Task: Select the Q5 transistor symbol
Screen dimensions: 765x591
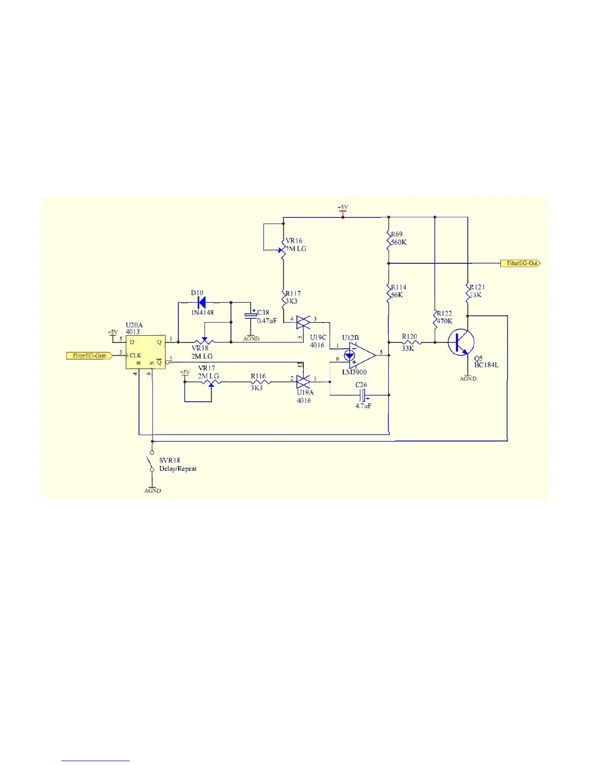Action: pyautogui.click(x=459, y=342)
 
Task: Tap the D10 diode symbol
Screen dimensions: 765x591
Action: pyautogui.click(x=201, y=302)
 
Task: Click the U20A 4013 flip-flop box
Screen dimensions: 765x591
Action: pyautogui.click(x=145, y=352)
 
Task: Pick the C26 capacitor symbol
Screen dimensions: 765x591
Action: pyautogui.click(x=363, y=395)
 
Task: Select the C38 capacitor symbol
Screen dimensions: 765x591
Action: pyautogui.click(x=251, y=316)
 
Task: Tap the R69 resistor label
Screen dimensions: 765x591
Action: pyautogui.click(x=397, y=234)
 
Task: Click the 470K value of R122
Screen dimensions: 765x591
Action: pyautogui.click(x=445, y=321)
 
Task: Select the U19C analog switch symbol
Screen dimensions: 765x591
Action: pyautogui.click(x=303, y=322)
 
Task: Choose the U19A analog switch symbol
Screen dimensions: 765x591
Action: pyautogui.click(x=303, y=382)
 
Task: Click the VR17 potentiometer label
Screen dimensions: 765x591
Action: pyautogui.click(x=207, y=368)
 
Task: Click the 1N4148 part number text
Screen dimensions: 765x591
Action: pyautogui.click(x=203, y=312)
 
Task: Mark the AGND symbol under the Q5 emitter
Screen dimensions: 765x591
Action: pyautogui.click(x=468, y=378)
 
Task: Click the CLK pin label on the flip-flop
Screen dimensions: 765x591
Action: pyautogui.click(x=135, y=355)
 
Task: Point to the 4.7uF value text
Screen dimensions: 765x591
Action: pyautogui.click(x=364, y=406)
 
